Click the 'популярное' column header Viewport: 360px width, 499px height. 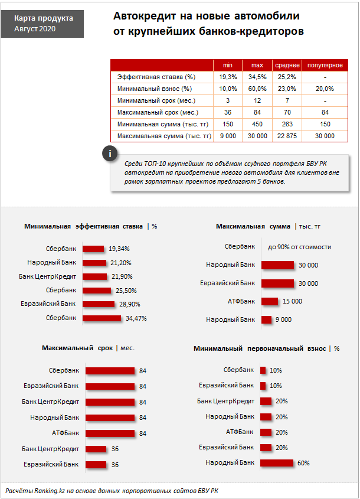pyautogui.click(x=325, y=65)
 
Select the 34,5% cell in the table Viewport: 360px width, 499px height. pyautogui.click(x=257, y=77)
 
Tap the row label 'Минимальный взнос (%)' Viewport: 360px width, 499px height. pyautogui.click(x=155, y=89)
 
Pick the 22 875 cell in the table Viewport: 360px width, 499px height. pyautogui.click(x=287, y=136)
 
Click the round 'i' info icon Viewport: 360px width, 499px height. pyautogui.click(x=110, y=154)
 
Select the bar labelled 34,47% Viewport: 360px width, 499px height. pyautogui.click(x=102, y=318)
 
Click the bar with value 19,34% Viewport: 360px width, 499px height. pyautogui.click(x=93, y=249)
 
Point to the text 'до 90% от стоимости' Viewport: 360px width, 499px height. pyautogui.click(x=299, y=247)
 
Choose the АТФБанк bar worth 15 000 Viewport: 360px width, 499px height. pyautogui.click(x=270, y=301)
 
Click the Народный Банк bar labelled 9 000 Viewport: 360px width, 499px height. pyautogui.click(x=267, y=319)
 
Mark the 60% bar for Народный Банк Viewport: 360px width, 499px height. pyautogui.click(x=277, y=463)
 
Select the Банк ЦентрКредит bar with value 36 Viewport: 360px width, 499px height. pyautogui.click(x=96, y=449)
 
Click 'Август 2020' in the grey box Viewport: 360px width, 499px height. pyautogui.click(x=35, y=29)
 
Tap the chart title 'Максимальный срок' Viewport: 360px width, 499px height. pyautogui.click(x=77, y=348)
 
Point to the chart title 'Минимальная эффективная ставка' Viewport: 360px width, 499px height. pyautogui.click(x=83, y=226)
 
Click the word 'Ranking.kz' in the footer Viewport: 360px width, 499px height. pyautogui.click(x=50, y=491)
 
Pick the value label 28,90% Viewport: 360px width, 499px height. pyautogui.click(x=130, y=304)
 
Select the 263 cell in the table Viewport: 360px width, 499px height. pyautogui.click(x=287, y=124)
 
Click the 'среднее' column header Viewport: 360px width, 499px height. pyautogui.click(x=287, y=65)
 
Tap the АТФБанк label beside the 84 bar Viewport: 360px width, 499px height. pyautogui.click(x=66, y=433)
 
